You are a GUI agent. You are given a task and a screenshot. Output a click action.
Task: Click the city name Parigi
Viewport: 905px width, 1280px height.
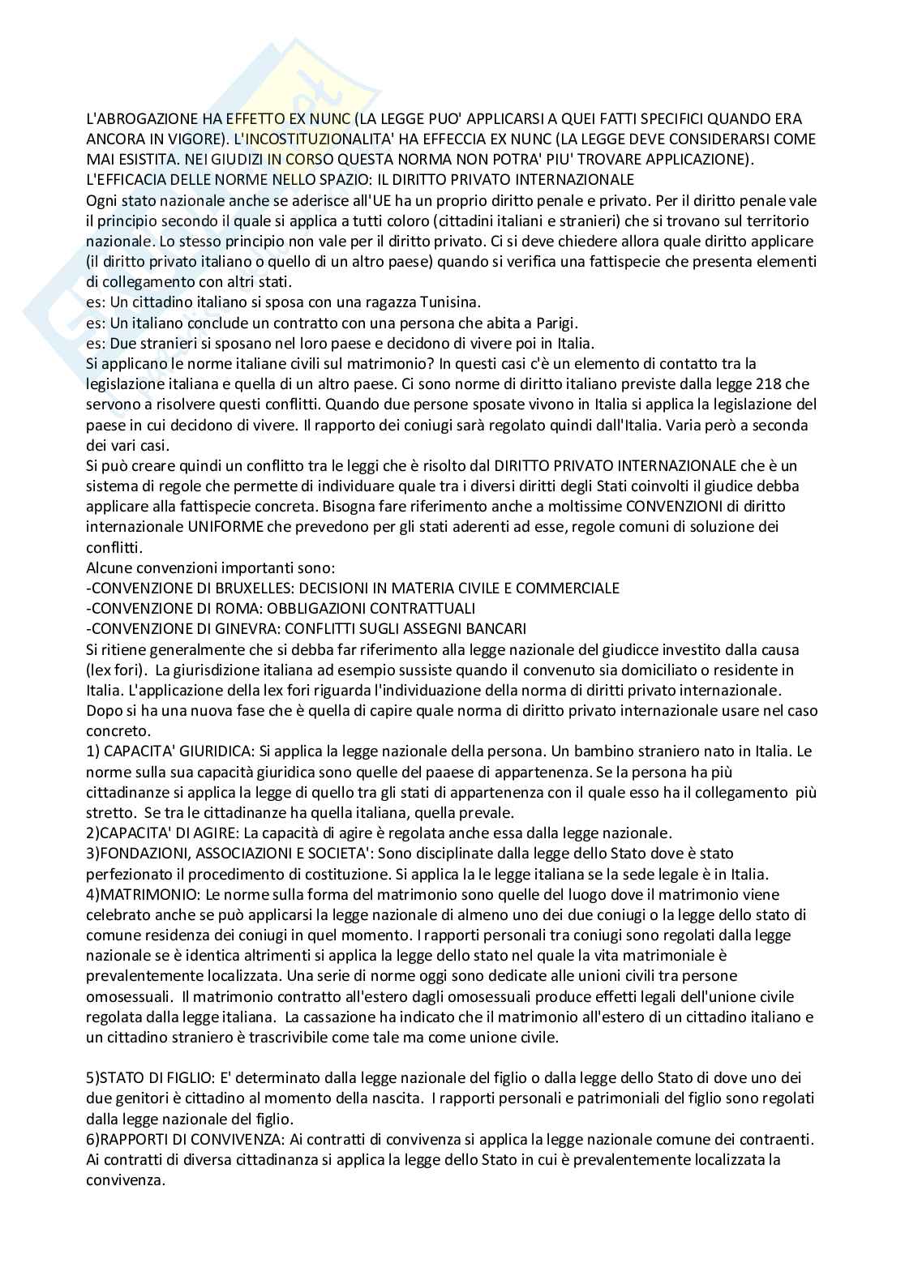(555, 322)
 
